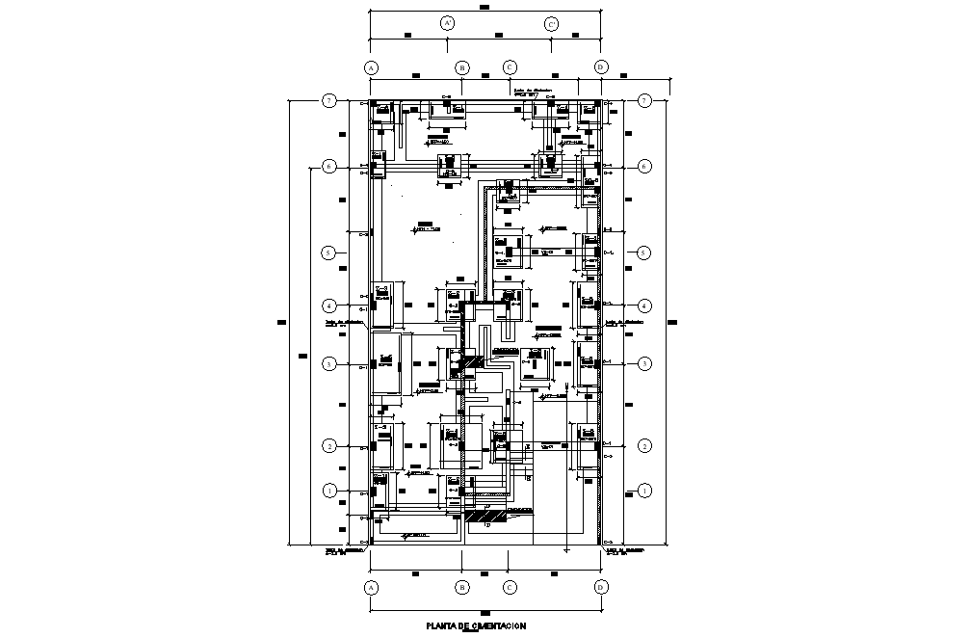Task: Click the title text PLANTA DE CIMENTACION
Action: click(x=476, y=626)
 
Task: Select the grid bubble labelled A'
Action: click(x=447, y=23)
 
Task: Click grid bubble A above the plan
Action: click(x=371, y=67)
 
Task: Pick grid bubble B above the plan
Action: click(x=462, y=67)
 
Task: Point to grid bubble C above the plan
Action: click(x=511, y=67)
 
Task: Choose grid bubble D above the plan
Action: click(x=601, y=67)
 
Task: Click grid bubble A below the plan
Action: click(x=371, y=587)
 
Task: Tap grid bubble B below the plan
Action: click(x=462, y=587)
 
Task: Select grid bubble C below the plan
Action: click(x=511, y=587)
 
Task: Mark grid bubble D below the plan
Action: click(x=601, y=587)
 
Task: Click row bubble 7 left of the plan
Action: click(x=329, y=100)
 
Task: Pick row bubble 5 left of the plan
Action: click(x=329, y=253)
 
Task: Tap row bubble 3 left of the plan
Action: click(x=329, y=364)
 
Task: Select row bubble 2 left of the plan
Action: click(x=329, y=446)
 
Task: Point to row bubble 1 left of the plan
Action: click(x=329, y=491)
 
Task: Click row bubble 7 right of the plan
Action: click(x=645, y=100)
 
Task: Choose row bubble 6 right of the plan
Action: click(x=645, y=167)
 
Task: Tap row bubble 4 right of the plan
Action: click(x=645, y=306)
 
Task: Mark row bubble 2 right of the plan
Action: click(x=645, y=446)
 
